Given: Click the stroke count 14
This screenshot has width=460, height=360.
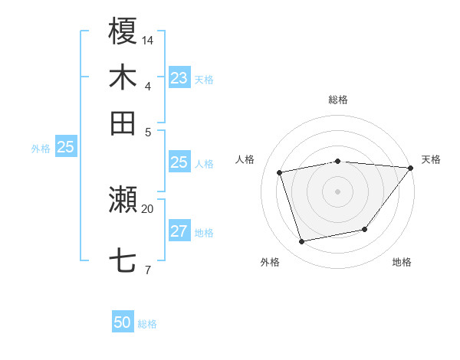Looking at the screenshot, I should tap(148, 39).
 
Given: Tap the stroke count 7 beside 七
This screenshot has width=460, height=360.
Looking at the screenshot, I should tap(147, 269).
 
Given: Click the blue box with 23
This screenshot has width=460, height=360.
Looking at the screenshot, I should tap(179, 78).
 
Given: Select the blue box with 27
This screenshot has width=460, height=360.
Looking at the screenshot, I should tap(179, 232).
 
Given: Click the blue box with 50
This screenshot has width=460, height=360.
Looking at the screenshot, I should tap(123, 322).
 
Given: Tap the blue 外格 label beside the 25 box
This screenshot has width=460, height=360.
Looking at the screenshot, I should tap(41, 149).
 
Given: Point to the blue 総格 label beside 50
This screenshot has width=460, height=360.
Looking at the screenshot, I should tap(147, 324).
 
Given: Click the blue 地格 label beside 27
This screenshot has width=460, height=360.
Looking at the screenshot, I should tap(204, 233).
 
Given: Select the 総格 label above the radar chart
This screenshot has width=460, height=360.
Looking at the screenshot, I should tap(338, 100).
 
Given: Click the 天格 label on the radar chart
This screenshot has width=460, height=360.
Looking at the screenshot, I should tap(432, 159).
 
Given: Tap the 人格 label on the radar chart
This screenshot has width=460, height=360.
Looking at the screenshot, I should tap(245, 159).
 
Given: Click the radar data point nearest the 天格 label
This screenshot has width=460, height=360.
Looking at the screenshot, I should tap(410, 168).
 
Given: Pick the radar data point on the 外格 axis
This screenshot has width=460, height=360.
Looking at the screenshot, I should tap(302, 242).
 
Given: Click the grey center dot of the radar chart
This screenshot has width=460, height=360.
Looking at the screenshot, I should tap(338, 191).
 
